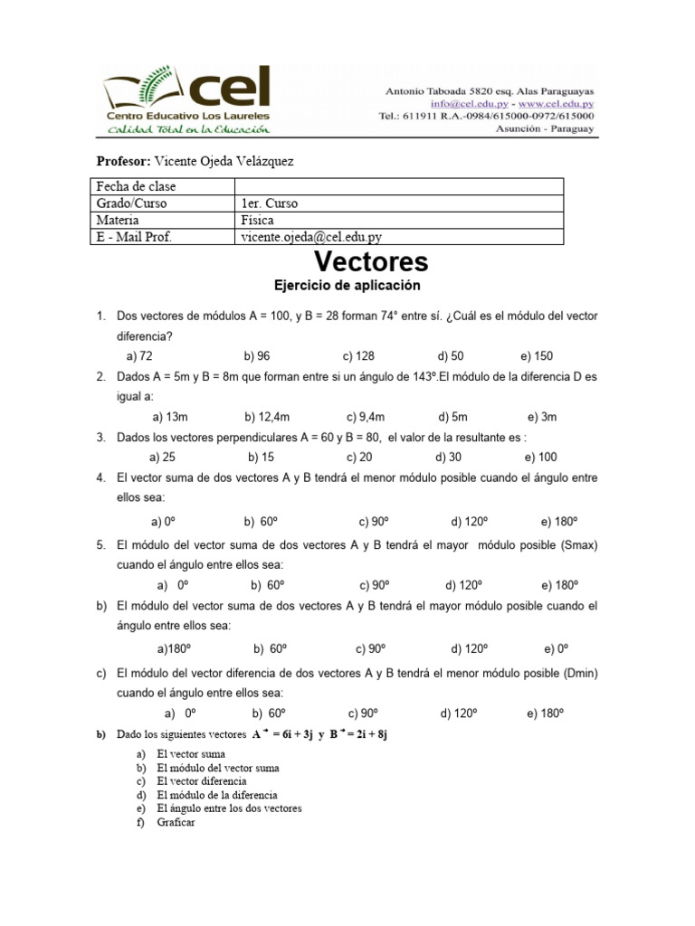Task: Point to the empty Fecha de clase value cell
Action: tap(398, 186)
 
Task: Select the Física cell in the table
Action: tap(257, 220)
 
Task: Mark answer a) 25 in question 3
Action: tap(162, 457)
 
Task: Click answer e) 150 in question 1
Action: tap(538, 356)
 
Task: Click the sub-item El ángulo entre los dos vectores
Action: tap(228, 808)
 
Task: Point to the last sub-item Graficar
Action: tap(176, 822)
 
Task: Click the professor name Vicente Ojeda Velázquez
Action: tap(225, 160)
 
